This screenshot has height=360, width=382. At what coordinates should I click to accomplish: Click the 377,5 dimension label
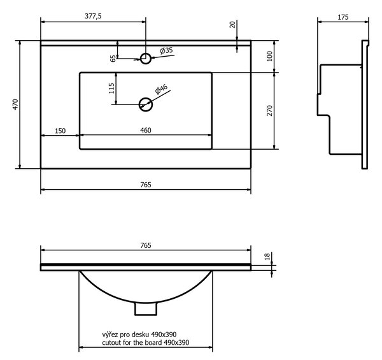94,16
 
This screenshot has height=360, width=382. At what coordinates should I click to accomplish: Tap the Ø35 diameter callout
166,50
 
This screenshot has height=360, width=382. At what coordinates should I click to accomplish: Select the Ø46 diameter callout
161,89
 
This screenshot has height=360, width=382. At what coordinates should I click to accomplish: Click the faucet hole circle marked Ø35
146,59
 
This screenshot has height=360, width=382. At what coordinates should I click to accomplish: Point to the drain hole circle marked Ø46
146,104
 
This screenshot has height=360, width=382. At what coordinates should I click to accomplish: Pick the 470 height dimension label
15,104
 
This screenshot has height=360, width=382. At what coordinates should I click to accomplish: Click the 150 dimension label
60,131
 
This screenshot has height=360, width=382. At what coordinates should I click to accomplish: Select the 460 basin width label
146,131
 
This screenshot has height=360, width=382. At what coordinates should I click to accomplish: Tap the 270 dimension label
269,111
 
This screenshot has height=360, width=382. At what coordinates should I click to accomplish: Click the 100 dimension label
269,56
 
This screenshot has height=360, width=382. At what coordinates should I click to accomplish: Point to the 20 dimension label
232,25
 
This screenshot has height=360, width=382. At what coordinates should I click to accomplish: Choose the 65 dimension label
113,59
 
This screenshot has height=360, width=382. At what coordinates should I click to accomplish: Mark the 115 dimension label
111,88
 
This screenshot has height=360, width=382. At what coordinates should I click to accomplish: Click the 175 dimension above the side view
343,17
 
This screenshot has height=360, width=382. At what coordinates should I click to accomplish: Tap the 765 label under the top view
146,185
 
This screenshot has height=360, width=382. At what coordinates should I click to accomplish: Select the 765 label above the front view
146,245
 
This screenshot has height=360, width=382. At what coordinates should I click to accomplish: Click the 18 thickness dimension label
267,256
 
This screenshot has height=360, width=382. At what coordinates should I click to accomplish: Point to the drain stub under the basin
146,309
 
